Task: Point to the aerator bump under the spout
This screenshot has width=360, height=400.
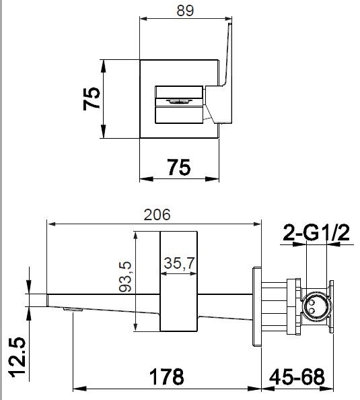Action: [71, 310]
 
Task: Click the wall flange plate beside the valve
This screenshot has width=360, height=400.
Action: [256, 306]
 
